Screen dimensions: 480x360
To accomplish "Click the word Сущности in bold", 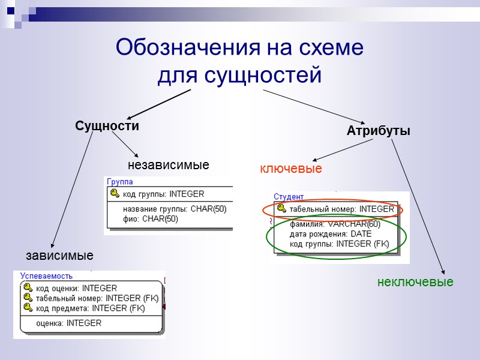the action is pos(107,126).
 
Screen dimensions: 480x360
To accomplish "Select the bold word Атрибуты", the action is pos(379,131).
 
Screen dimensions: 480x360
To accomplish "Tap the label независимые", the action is pos(169,164).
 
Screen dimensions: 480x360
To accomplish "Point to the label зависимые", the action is pos(59,256).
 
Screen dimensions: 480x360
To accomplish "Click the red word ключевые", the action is pos(290,169).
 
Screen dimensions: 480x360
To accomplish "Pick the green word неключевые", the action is pos(415,281).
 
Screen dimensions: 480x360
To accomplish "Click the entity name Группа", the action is pos(119,181).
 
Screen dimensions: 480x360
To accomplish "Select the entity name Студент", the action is pos(289,196).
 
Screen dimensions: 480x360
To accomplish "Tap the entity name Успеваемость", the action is pos(46,276).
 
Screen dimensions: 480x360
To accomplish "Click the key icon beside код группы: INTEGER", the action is pos(115,194).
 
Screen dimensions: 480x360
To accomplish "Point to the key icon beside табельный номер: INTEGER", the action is pos(281,209).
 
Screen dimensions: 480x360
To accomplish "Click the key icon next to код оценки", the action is pos(28,288).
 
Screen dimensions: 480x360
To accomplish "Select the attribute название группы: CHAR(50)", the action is pos(175,209).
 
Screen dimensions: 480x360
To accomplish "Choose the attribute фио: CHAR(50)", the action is pos(150,219).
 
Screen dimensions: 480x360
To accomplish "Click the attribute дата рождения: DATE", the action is pos(331,234).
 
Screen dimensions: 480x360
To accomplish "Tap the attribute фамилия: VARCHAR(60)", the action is pos(335,224).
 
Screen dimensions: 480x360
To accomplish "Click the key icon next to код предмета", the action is pos(28,308).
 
